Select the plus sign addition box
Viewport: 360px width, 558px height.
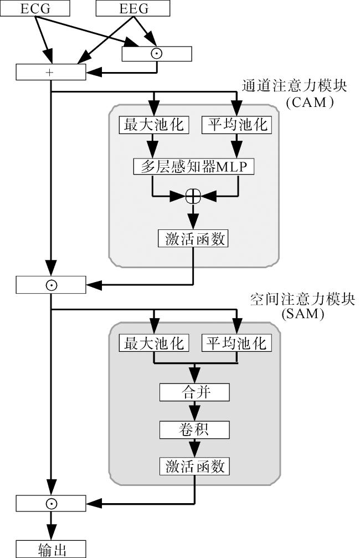[51, 72]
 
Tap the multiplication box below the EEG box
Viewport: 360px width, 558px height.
[157, 54]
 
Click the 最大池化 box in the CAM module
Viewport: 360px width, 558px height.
[152, 125]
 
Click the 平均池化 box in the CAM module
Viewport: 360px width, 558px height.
[236, 125]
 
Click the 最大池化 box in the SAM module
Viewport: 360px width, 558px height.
[153, 344]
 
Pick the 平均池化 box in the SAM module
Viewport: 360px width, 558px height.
[236, 344]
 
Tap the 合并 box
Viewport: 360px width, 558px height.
[194, 392]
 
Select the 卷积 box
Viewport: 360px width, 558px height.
[194, 429]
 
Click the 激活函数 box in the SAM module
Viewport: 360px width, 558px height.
[194, 466]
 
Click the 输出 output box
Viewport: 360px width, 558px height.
[51, 550]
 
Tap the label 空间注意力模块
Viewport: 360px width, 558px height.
[302, 300]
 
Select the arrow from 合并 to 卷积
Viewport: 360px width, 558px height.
[194, 411]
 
